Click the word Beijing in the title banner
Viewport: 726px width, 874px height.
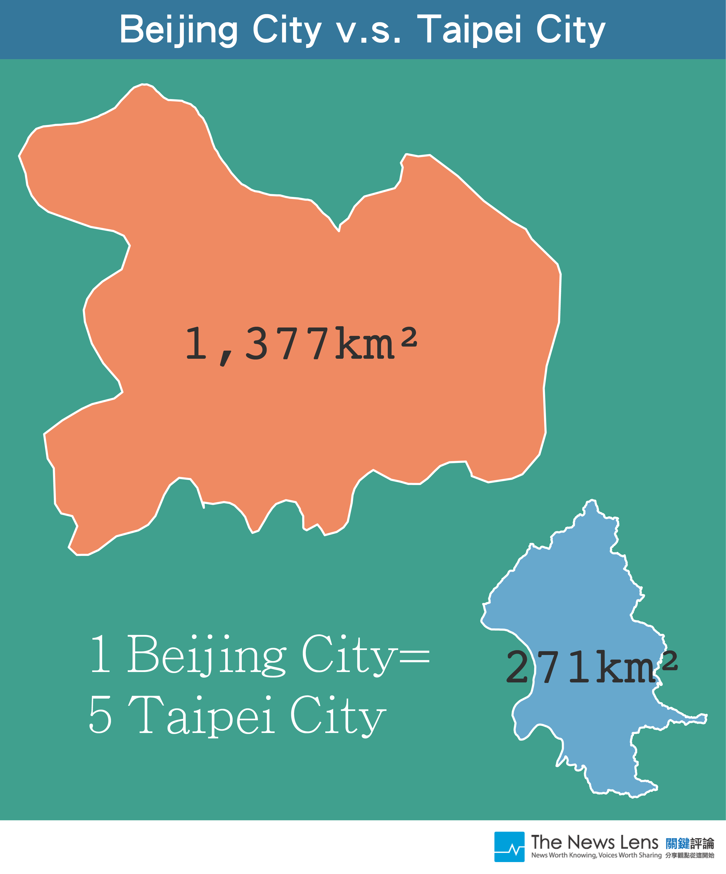(x=179, y=30)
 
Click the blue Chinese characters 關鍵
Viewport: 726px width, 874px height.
(x=677, y=843)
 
